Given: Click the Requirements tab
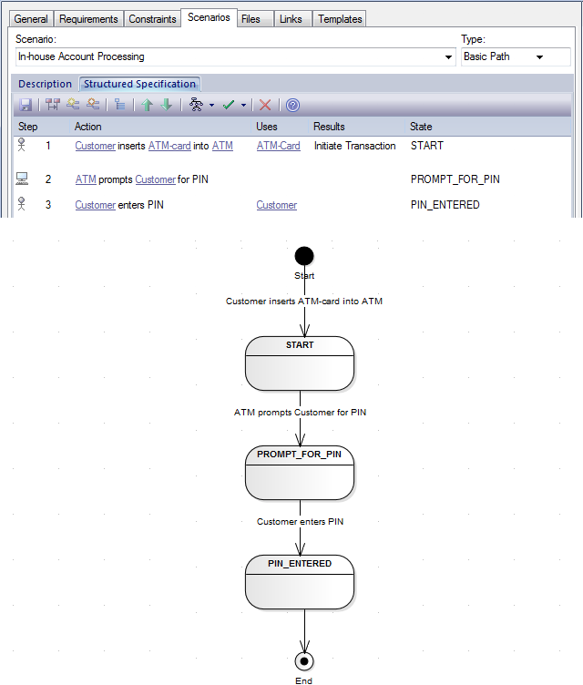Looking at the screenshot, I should (x=88, y=18).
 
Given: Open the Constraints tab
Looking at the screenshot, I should (x=152, y=18).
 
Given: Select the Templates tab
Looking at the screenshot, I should (x=340, y=18).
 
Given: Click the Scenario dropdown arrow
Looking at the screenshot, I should (x=448, y=57).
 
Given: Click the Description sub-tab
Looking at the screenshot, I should (x=45, y=84).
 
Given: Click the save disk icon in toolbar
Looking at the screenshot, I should (x=26, y=105).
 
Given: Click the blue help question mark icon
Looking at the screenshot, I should (x=292, y=105).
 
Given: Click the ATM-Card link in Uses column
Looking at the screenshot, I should (x=278, y=146).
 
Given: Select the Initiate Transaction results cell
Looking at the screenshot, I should (x=354, y=146).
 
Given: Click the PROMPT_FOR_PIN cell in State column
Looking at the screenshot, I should (x=455, y=179).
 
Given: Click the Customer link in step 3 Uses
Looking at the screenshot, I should (x=276, y=205).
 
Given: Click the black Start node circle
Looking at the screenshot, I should (x=304, y=255).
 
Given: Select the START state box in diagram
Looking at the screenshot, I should (x=299, y=363).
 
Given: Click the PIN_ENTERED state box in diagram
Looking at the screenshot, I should (x=299, y=582).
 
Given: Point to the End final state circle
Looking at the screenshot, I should (x=304, y=660).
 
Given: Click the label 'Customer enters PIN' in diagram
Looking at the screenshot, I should (x=300, y=522).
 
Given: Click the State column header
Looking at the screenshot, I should (x=421, y=127).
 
